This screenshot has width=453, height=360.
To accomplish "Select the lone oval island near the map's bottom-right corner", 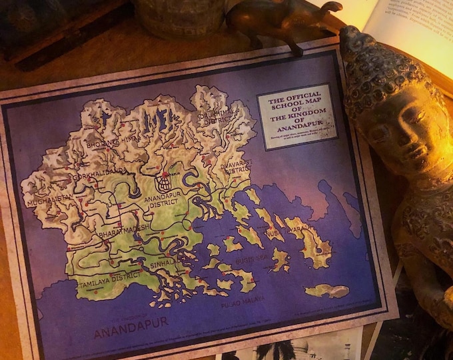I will (x=326, y=291).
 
